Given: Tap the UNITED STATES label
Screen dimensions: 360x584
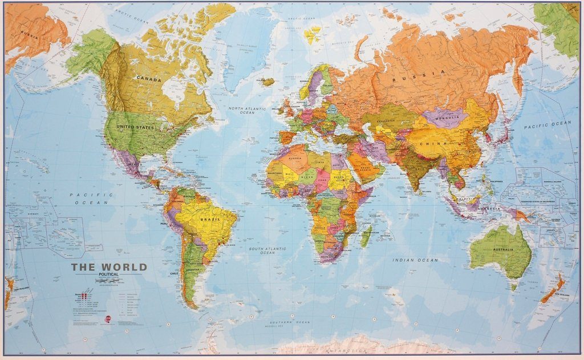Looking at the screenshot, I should [135, 127].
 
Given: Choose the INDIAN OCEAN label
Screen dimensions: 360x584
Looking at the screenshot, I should [415, 260].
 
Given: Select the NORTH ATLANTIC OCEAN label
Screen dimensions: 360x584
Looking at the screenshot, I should [248, 110].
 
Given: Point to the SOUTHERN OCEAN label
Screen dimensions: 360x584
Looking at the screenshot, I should [291, 322].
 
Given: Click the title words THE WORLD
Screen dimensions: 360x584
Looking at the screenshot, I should [109, 267].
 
